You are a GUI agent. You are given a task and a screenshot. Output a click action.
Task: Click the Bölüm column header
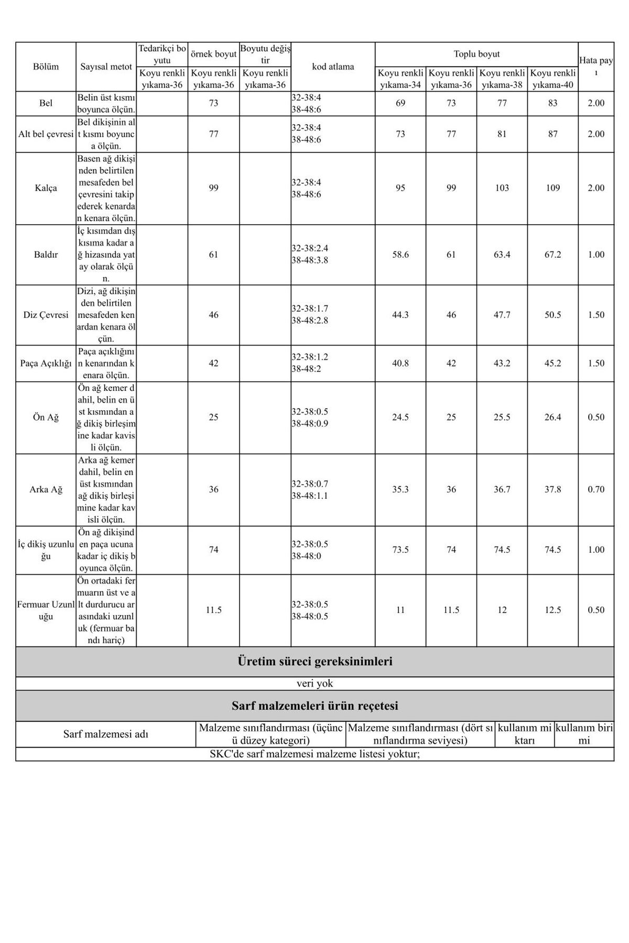coord(46,67)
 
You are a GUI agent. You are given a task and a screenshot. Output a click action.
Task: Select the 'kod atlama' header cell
coord(333,67)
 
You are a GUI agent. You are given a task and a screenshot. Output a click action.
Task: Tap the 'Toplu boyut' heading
coord(476,54)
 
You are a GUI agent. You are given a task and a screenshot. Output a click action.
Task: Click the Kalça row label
coord(46,188)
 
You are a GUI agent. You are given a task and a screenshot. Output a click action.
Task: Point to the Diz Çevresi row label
coord(46,315)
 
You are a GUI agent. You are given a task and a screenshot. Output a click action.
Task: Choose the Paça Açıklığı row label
coord(46,363)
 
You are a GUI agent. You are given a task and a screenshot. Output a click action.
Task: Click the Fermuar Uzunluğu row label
coord(46,610)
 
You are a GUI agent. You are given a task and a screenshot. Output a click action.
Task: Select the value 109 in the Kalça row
coord(552,188)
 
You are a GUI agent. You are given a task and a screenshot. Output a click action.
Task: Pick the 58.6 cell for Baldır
coord(400,255)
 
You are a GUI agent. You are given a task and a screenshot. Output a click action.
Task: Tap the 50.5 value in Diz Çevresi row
coord(552,315)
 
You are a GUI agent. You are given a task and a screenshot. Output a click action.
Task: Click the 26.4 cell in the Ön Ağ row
coord(552,418)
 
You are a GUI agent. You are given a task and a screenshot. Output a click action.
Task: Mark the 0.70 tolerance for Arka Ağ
coord(596,489)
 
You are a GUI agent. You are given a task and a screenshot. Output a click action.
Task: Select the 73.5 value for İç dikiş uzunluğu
coord(400,550)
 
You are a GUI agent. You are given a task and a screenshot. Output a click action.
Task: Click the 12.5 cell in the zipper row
coord(552,610)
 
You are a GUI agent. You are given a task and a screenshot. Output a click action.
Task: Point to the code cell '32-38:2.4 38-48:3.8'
coord(310,254)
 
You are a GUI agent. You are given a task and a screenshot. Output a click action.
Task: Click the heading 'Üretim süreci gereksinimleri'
coord(314,662)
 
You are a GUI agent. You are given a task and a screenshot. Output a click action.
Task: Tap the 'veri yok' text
coord(314,684)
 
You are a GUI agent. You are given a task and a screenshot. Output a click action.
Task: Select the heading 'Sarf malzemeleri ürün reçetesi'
coord(314,706)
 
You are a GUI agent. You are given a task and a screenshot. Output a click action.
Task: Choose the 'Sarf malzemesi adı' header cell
coord(106,734)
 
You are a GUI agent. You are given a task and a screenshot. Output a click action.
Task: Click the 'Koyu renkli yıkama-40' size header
coord(552,79)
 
